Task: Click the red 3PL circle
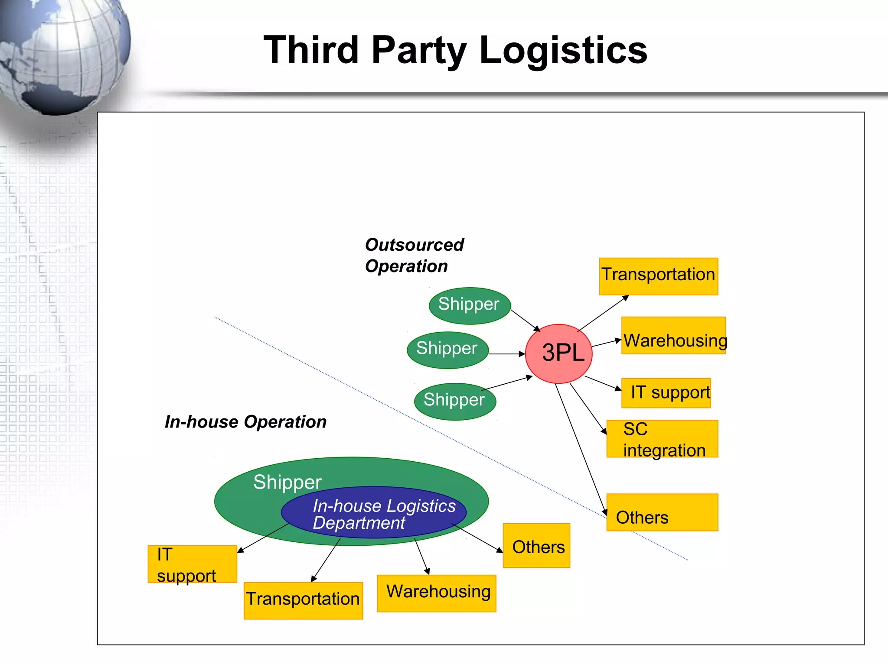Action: pyautogui.click(x=558, y=353)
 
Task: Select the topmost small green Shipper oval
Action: pyautogui.click(x=469, y=305)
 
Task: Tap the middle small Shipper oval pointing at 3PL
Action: pyautogui.click(x=447, y=350)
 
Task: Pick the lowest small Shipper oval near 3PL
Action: pyautogui.click(x=454, y=401)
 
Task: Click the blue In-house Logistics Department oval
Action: pyautogui.click(x=373, y=512)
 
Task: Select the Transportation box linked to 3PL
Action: pyautogui.click(x=658, y=276)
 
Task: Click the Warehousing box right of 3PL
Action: pyautogui.click(x=673, y=335)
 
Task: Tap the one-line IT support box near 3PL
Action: pyautogui.click(x=666, y=393)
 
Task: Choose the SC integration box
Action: pyautogui.click(x=662, y=439)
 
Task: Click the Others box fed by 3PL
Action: pyautogui.click(x=662, y=512)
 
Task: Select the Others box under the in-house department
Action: pyautogui.click(x=536, y=545)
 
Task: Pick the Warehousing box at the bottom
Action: pyautogui.click(x=436, y=593)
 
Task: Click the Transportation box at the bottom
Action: pyautogui.click(x=303, y=600)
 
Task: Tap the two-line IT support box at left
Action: pyautogui.click(x=192, y=564)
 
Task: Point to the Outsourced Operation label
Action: pyautogui.click(x=414, y=255)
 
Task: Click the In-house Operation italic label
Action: pyautogui.click(x=245, y=421)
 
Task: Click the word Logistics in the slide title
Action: pyautogui.click(x=563, y=51)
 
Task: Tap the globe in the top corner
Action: pyautogui.click(x=61, y=52)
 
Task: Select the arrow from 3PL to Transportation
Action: pyautogui.click(x=603, y=314)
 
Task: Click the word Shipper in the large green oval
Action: pyautogui.click(x=287, y=482)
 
